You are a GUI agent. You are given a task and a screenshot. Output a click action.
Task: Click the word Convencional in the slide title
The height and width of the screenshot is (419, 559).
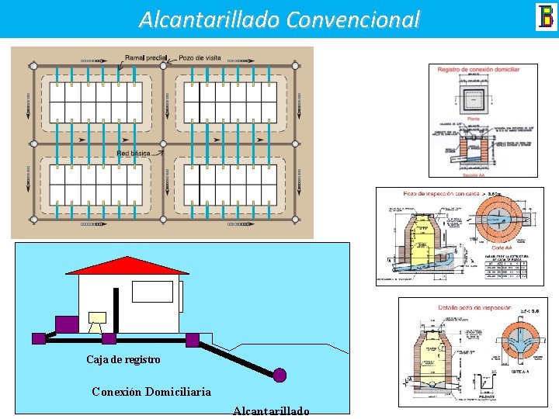[352, 19]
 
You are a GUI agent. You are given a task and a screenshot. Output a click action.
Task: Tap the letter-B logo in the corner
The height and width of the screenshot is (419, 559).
[545, 17]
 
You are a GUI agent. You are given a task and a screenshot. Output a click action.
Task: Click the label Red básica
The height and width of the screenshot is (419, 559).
[134, 154]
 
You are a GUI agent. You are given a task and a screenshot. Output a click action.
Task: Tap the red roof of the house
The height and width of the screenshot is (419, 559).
[127, 265]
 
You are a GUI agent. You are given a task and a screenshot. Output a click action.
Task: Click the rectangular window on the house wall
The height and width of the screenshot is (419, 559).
[152, 291]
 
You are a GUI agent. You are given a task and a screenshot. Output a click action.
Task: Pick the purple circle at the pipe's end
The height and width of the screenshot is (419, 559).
[279, 375]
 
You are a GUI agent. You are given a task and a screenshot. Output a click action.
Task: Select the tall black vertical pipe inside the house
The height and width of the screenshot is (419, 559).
[116, 310]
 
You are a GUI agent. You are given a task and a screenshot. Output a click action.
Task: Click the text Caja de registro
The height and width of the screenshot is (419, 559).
[123, 359]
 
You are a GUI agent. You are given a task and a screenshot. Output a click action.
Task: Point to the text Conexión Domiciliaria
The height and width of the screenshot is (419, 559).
[151, 391]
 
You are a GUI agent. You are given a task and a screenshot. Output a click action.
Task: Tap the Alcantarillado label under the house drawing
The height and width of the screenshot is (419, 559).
[271, 410]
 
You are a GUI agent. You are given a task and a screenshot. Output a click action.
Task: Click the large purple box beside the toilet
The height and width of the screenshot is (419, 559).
[65, 324]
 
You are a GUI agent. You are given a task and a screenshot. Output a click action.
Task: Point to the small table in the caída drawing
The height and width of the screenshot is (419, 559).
[508, 268]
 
